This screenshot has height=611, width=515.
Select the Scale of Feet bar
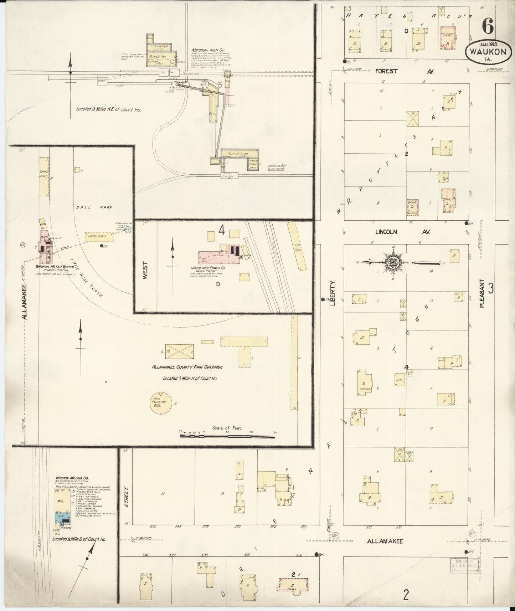228,435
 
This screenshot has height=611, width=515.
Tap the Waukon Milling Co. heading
72,478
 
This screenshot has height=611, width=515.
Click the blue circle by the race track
129,230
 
